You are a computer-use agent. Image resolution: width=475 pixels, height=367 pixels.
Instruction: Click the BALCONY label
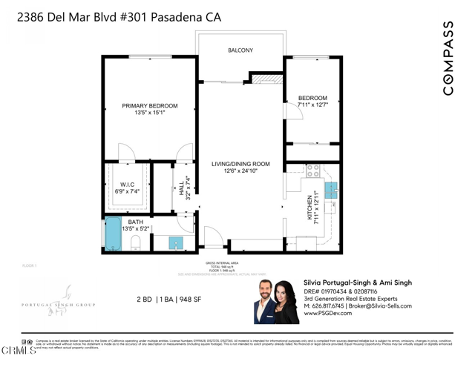[240, 50]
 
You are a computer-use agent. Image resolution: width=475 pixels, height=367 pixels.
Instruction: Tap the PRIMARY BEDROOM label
[150, 106]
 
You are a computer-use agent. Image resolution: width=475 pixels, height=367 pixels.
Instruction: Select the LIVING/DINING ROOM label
[240, 164]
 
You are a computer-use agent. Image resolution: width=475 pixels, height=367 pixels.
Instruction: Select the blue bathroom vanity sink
[175, 242]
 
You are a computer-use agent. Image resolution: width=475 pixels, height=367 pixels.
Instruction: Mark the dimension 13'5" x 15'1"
[150, 113]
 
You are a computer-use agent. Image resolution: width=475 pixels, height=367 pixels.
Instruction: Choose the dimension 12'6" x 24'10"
[240, 171]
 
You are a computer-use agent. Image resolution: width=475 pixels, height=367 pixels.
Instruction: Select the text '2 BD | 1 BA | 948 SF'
[168, 300]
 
